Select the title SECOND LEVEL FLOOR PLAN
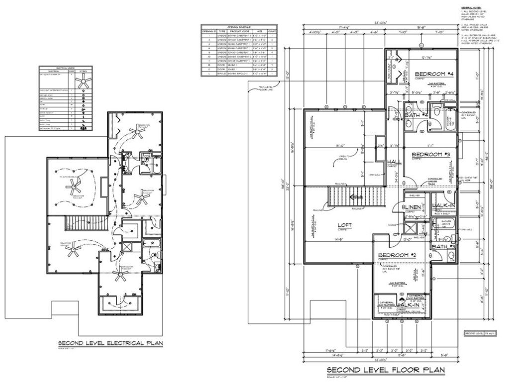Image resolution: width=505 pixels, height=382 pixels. coord(386,370)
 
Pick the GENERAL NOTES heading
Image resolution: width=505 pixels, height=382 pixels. coord(470,8)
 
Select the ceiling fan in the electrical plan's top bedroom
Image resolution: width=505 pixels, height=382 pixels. coord(134,130)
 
